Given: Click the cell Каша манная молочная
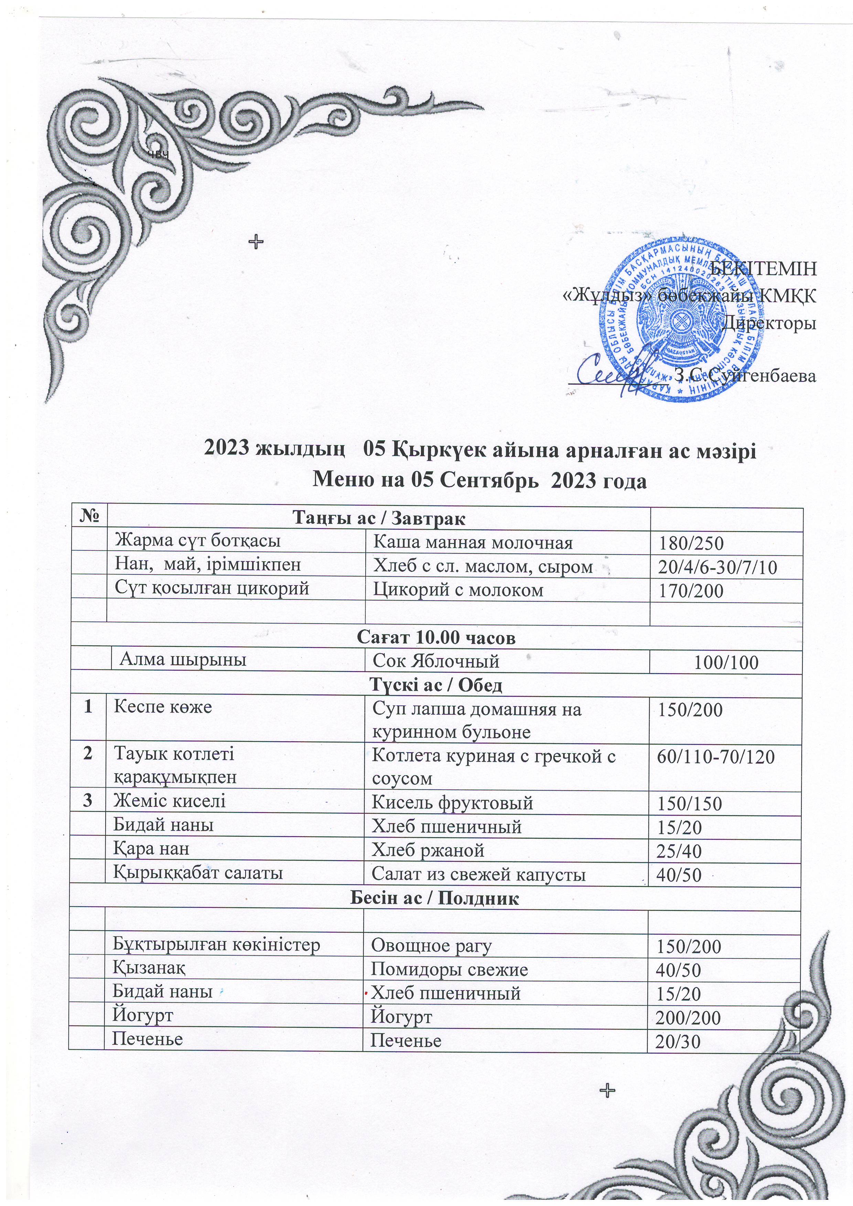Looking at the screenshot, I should pos(473,542).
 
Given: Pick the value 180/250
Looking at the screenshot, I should pos(691,544).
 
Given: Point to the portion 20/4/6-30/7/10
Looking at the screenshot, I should pos(718,567).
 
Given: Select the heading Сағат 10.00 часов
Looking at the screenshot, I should pos(436,638).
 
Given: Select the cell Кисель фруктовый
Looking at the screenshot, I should pos(453,803).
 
